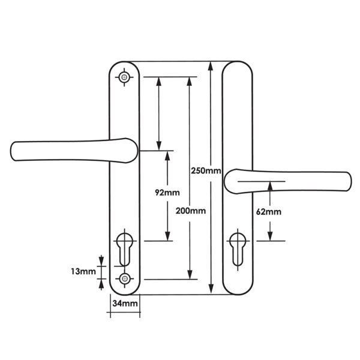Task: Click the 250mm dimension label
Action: point(206,170)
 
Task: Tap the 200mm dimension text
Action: point(191,211)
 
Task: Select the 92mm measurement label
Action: point(167,193)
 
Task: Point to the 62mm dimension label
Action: point(268,212)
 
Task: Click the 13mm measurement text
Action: point(83,271)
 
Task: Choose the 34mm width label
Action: point(125,303)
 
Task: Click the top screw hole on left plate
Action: point(124,77)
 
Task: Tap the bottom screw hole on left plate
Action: point(125,279)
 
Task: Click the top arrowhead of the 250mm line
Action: point(211,66)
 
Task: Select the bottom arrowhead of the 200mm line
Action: point(190,275)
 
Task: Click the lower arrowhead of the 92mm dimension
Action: point(167,236)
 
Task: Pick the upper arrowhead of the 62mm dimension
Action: point(270,186)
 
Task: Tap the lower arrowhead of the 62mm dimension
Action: point(270,236)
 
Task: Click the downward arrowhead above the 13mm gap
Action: point(101,261)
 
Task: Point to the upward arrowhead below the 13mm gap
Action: point(101,284)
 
